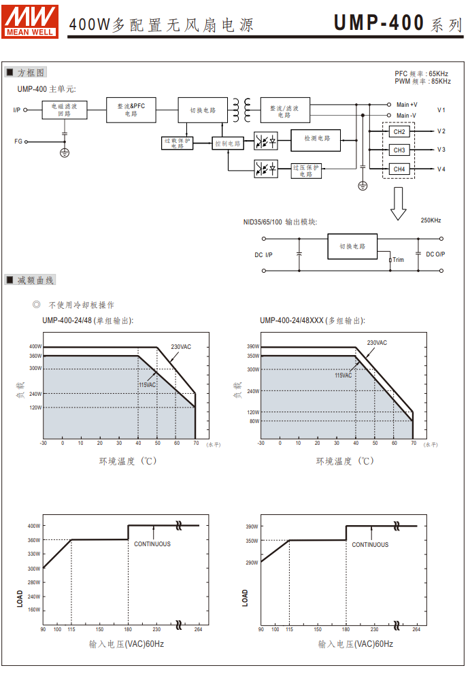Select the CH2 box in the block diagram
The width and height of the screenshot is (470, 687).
[399, 131]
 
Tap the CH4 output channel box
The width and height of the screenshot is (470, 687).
[399, 169]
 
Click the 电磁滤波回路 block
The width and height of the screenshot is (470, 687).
[65, 110]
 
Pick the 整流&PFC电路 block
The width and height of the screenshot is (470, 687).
[131, 110]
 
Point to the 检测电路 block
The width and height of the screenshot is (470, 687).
[317, 139]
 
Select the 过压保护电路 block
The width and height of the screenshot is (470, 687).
[306, 170]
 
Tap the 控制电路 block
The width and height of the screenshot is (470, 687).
[228, 144]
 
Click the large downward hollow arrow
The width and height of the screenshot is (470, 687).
[399, 205]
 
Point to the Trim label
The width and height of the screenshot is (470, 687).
[398, 260]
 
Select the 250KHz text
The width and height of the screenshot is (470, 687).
[431, 220]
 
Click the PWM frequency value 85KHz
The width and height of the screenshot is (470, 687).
[440, 82]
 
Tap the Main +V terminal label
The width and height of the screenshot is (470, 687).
[407, 105]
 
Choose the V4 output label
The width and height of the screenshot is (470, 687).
[441, 169]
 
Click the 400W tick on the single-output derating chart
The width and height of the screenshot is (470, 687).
[35, 347]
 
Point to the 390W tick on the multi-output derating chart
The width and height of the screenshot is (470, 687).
[253, 347]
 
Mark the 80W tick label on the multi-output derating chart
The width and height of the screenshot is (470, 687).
[254, 421]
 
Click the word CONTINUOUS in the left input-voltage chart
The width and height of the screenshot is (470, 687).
[152, 544]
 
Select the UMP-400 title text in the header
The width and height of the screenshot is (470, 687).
[379, 23]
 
